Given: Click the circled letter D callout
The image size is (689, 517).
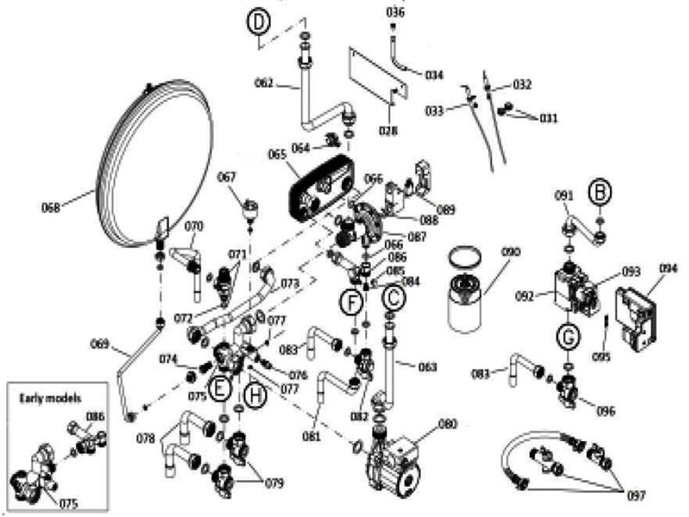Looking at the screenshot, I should pos(258,23).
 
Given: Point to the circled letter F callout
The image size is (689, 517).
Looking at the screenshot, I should pos(350,302).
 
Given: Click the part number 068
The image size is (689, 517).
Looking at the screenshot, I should pos(53,207).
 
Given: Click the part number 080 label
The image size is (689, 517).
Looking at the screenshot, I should pos(448,423).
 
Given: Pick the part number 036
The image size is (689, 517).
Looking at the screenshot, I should pos(394,12).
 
